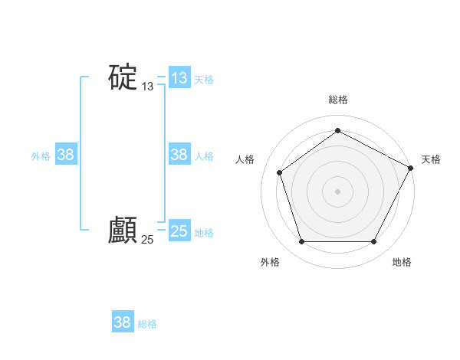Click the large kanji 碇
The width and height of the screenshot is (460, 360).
(123, 77)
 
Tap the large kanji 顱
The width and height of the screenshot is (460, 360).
(123, 230)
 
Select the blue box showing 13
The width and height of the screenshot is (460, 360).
(179, 78)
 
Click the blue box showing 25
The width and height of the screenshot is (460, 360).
(179, 231)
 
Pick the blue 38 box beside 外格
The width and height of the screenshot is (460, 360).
(66, 155)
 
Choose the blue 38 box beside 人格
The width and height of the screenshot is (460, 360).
(179, 155)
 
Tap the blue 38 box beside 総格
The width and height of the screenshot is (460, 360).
(123, 322)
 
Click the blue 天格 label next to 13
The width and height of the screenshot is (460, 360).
(204, 79)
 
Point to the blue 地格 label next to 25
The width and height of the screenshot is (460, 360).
(204, 233)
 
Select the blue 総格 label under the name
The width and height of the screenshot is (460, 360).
(147, 324)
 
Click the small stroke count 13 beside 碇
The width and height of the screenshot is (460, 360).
(148, 87)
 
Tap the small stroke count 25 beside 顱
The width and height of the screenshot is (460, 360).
(148, 240)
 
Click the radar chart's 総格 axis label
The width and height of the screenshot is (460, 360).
(337, 100)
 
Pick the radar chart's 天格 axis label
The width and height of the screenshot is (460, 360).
(431, 159)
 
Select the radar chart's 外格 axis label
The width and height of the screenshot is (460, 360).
(270, 262)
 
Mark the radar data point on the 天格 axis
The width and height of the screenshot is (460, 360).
(411, 168)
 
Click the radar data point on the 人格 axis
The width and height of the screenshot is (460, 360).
(280, 172)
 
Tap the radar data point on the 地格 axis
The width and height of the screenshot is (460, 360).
(373, 242)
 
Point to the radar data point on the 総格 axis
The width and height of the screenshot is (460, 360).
(337, 131)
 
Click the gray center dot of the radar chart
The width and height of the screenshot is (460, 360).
(337, 191)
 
